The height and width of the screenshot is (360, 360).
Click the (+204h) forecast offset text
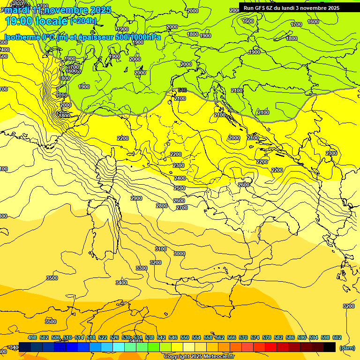[x=83, y=21]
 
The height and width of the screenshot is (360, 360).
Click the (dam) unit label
[x=347, y=348]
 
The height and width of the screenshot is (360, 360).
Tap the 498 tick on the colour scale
[x=32, y=338]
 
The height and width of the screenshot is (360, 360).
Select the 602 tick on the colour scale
[x=337, y=338]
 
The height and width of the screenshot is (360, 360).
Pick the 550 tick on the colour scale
[x=185, y=338]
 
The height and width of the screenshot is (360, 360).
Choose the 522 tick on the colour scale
[x=103, y=338]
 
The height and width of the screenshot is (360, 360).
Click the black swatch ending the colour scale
[x=330, y=347]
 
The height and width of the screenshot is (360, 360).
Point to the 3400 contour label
[x=121, y=283]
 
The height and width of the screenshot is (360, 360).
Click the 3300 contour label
[x=142, y=268]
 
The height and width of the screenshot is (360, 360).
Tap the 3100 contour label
[x=161, y=249]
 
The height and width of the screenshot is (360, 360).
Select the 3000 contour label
[x=180, y=254]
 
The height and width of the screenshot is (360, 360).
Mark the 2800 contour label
[x=162, y=206]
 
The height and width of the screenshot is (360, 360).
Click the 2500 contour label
[x=180, y=188]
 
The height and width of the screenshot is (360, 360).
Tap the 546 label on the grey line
[x=182, y=90]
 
